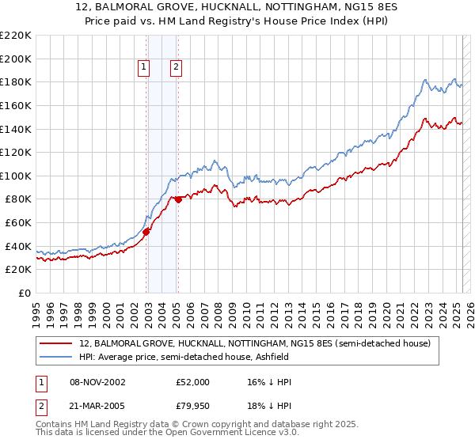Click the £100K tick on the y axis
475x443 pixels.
16,176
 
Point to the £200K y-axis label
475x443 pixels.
16,59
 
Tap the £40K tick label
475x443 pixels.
18,246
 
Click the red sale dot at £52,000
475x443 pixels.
146,232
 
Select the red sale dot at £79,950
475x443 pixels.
179,199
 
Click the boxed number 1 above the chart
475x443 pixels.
144,68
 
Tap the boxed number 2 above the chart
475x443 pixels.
175,68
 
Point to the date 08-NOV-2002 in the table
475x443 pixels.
97,382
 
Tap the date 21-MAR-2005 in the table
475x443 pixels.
97,407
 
